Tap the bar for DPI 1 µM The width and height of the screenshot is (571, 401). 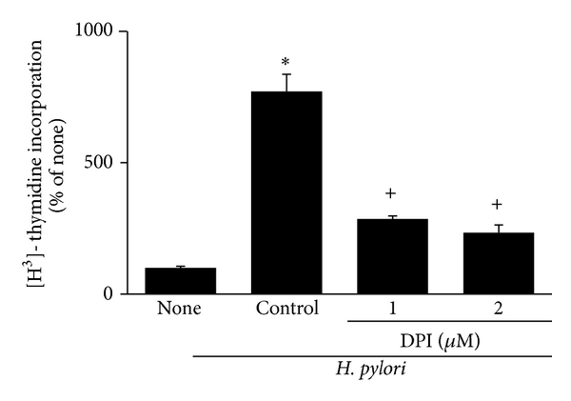(391, 256)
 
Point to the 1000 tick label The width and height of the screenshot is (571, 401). (96, 31)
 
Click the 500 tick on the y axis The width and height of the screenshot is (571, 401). (102, 163)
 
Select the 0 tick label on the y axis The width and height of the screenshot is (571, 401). (109, 294)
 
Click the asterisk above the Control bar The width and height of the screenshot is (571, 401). (286, 58)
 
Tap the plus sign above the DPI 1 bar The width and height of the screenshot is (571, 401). (391, 194)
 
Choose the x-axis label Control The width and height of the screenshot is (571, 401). (286, 310)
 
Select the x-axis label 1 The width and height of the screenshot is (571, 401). (391, 310)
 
